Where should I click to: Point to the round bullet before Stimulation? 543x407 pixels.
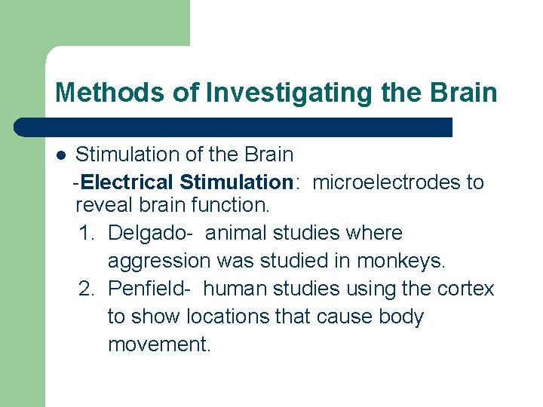60,155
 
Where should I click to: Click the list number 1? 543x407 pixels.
85,234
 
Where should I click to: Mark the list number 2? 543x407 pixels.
85,289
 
